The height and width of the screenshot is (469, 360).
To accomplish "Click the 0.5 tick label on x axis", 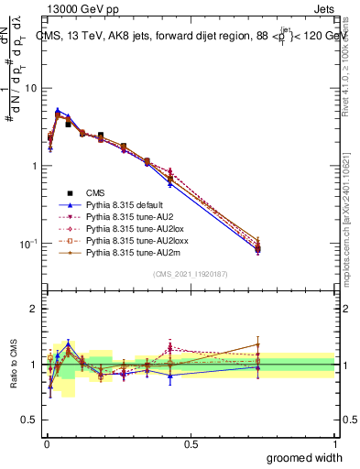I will click(191, 444).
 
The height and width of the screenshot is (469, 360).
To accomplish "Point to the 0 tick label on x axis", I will click(46, 444).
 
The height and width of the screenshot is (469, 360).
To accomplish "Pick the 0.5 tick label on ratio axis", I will click(31, 420).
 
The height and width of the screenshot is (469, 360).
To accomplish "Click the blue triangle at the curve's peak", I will click(58, 110).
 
